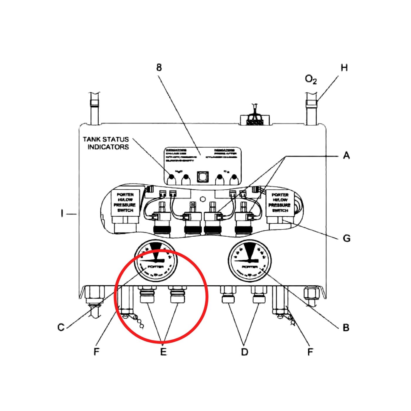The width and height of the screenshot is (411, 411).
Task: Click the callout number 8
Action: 159,68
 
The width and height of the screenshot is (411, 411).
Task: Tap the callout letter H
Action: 344,68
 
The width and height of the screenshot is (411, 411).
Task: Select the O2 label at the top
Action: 311,80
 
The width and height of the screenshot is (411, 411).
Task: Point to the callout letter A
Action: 346,155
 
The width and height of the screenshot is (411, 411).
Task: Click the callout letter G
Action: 346,238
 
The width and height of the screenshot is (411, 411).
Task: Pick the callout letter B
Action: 346,327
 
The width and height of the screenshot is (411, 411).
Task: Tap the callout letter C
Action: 61,327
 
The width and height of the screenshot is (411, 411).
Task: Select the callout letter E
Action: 163,351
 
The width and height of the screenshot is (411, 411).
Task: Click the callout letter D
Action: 245,351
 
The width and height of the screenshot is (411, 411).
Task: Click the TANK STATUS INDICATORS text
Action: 106,143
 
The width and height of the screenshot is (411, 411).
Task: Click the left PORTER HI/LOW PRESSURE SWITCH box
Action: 125,203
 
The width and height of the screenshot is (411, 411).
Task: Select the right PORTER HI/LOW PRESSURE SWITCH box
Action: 280,203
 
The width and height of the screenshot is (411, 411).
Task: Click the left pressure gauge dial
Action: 155,261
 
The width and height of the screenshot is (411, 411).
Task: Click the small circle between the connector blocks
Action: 202,199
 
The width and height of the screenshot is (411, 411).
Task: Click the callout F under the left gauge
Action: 97,351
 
